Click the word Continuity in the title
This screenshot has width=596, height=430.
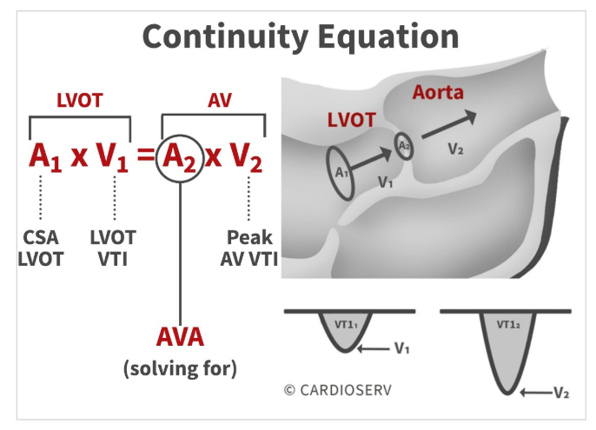pos(225,36)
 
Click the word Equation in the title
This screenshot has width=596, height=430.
pos(388,36)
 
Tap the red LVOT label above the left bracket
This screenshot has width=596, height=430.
pos(80,101)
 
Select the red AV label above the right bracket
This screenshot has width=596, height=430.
pos(220,101)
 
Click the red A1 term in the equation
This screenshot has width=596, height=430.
pos(45,157)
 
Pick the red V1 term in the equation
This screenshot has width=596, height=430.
pos(112,157)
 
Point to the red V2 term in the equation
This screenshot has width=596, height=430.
pos(246,157)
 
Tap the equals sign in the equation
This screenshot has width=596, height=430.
pos(146,155)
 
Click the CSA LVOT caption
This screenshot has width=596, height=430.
pos(41,248)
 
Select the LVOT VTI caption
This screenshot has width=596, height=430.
pos(113,248)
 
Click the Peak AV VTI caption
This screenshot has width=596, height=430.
pos(249,248)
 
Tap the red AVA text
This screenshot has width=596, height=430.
pos(180,337)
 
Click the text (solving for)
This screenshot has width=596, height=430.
pos(180,368)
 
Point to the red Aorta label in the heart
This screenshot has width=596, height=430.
pos(438,92)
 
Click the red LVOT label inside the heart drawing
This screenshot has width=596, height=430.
pos(352,120)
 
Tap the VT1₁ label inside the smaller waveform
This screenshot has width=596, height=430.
pos(346,325)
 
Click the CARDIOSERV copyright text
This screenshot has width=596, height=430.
pos(337,390)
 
